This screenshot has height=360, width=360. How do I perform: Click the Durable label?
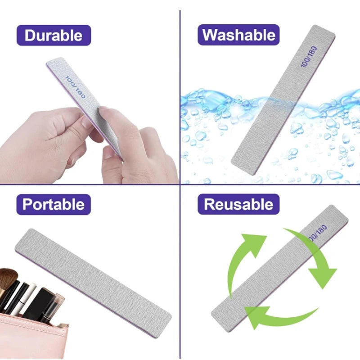(x=54, y=36)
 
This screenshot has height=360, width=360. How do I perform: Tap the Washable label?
(x=238, y=35)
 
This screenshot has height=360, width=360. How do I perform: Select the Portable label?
(x=54, y=204)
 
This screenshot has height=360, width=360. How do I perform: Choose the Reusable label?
(x=238, y=204)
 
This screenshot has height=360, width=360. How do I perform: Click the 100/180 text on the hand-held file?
(x=75, y=87)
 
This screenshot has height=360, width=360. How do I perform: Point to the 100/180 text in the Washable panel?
(x=309, y=57)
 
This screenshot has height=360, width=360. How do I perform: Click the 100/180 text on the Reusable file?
(x=318, y=233)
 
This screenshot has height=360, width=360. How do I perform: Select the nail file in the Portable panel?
(x=93, y=283)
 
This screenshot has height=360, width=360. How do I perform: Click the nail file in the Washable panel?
(x=283, y=99)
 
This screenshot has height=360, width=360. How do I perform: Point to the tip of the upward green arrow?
(x=267, y=236)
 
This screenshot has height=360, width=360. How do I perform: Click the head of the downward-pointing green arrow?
(x=323, y=278)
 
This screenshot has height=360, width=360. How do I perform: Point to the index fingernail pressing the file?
(x=102, y=111)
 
